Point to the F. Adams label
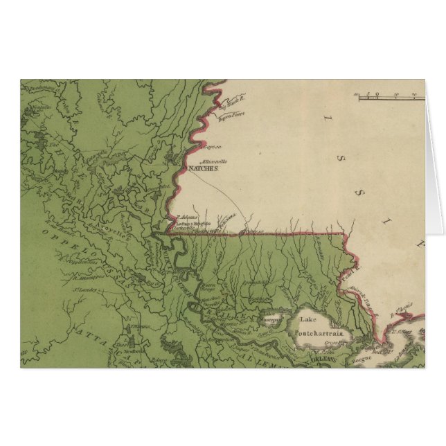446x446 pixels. pos(183,217)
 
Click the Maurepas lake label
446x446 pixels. pos(271,321)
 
